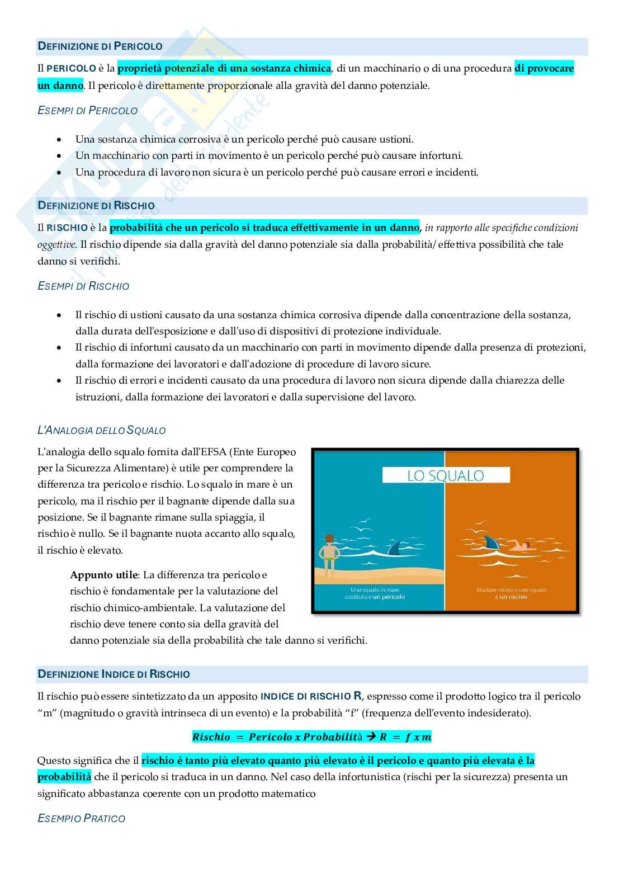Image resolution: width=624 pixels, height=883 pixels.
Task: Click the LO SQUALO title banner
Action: [x=446, y=475]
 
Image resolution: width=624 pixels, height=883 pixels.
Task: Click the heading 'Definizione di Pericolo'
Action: [x=100, y=46]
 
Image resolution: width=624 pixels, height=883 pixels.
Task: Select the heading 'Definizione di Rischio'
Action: [x=96, y=206]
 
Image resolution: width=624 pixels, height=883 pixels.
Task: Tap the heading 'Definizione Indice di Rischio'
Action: [x=114, y=674]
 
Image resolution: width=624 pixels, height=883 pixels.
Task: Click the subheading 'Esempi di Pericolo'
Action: [x=87, y=111]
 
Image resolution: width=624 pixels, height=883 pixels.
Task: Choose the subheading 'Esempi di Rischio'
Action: [x=83, y=286]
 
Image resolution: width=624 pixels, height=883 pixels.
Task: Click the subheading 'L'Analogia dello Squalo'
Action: [x=101, y=431]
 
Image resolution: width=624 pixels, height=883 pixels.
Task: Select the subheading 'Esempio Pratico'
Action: [x=81, y=819]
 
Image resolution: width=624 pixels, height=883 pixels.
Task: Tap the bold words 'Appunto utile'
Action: [x=104, y=575]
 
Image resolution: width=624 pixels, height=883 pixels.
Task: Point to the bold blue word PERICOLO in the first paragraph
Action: [x=71, y=69]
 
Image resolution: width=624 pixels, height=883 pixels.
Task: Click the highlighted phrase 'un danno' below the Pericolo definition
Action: [x=60, y=86]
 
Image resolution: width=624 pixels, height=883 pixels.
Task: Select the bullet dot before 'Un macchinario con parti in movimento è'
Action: [x=60, y=156]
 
